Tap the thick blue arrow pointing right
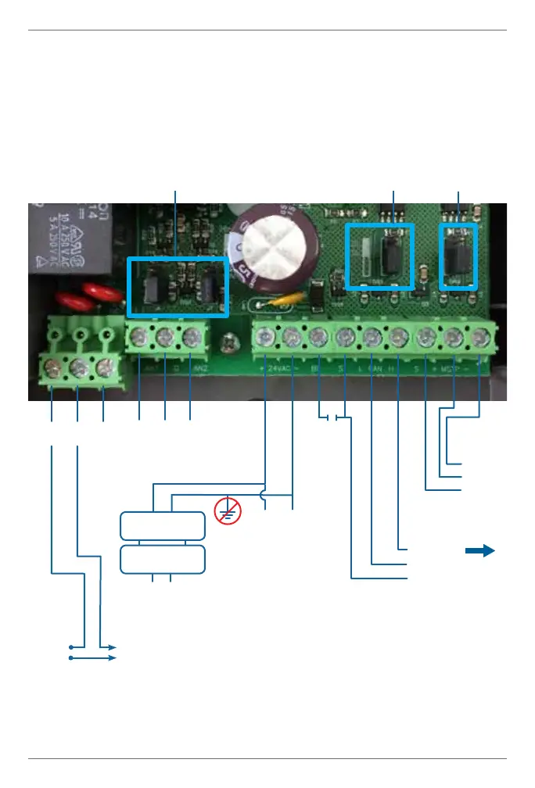pos(480,551)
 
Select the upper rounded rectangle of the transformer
pos(163,526)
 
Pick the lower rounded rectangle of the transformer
pos(163,560)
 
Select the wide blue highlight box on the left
pos(178,286)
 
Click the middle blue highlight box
pos(379,256)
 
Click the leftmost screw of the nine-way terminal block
pos(266,338)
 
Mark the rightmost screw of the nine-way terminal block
pos(479,338)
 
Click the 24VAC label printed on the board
pos(279,366)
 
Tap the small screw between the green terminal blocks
pos(229,342)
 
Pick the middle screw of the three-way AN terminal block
pos(165,338)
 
